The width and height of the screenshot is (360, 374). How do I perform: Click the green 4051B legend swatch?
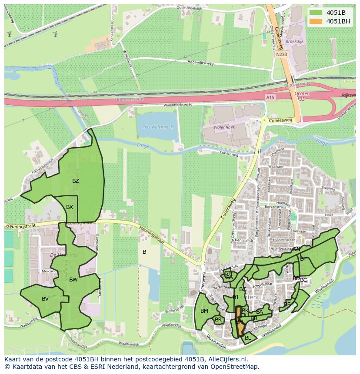(316, 12)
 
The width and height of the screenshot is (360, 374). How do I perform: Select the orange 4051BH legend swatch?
(316, 21)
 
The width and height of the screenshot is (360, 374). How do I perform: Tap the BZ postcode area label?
(76, 181)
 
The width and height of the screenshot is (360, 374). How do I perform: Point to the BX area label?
(70, 207)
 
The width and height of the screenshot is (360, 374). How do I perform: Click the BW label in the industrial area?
(73, 280)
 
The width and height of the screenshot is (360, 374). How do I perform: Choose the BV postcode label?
(45, 299)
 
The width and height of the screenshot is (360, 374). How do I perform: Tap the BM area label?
(204, 311)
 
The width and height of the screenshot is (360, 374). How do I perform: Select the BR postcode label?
(218, 320)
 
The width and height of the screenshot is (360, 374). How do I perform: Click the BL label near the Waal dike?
(248, 338)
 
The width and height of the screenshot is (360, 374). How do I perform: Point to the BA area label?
(260, 312)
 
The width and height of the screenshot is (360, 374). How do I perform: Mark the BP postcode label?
(303, 259)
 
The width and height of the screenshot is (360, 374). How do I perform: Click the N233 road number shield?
(281, 54)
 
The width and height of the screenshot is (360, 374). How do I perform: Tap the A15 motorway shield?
(270, 98)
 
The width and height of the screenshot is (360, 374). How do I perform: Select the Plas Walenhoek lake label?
(157, 127)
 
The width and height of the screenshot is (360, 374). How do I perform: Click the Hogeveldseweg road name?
(200, 63)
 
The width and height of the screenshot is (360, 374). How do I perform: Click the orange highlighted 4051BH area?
(239, 321)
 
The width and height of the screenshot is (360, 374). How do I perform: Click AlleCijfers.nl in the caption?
(227, 359)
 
